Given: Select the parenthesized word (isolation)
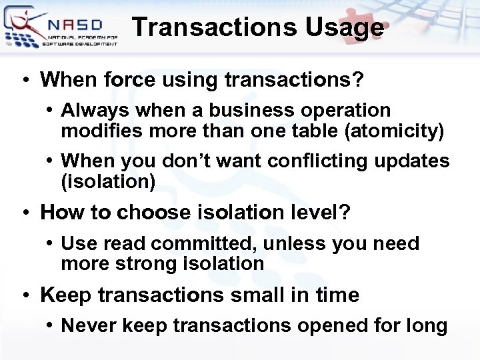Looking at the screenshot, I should [108, 181].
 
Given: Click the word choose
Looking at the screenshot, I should [155, 213].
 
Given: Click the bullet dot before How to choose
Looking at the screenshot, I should [24, 213].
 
